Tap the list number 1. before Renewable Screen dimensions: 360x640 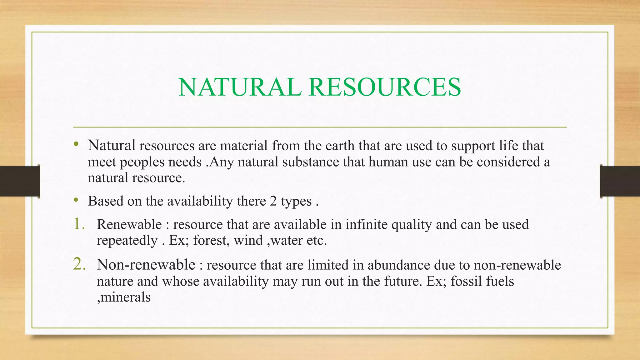79,224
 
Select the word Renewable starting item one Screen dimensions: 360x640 129,224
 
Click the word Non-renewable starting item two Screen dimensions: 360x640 146,265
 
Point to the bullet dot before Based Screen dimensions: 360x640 76,200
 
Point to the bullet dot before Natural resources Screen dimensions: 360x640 76,144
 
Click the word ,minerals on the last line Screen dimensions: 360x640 124,297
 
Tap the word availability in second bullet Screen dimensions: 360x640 200,201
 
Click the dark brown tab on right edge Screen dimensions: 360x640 620,181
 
